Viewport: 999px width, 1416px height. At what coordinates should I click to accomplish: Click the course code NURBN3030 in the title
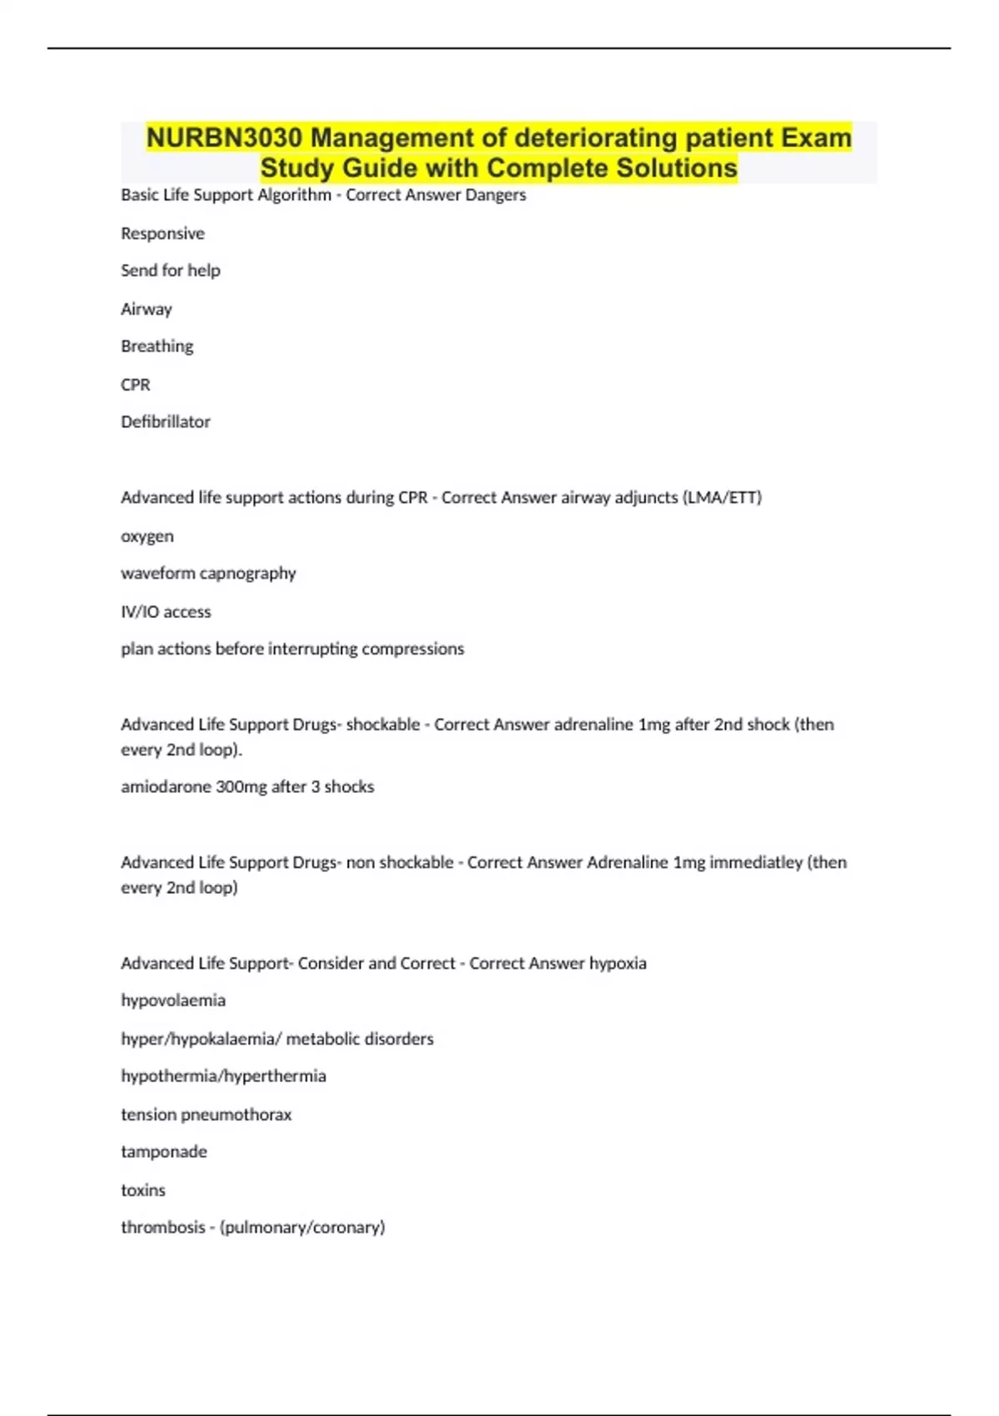(224, 137)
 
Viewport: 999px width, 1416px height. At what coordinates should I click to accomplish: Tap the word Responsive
(162, 233)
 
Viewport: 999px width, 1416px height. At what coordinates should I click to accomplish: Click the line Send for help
(171, 270)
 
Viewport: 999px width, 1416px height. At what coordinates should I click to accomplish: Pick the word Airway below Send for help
(147, 309)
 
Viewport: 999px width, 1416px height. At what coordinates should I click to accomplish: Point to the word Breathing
(157, 346)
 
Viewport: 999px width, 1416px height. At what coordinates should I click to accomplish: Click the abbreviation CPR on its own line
(136, 385)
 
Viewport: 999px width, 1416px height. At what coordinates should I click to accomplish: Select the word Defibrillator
(166, 421)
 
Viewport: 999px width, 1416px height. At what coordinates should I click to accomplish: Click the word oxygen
(147, 536)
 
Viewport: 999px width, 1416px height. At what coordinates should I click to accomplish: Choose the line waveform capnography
(208, 573)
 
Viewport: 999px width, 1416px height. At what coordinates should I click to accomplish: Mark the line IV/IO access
(166, 611)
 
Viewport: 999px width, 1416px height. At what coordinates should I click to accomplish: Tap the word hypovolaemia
(173, 1000)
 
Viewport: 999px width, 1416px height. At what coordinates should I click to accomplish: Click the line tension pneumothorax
(206, 1114)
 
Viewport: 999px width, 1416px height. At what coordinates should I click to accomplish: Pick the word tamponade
(164, 1151)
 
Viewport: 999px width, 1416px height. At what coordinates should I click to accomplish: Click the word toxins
(143, 1190)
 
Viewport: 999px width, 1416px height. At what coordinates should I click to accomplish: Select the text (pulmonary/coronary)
(302, 1227)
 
